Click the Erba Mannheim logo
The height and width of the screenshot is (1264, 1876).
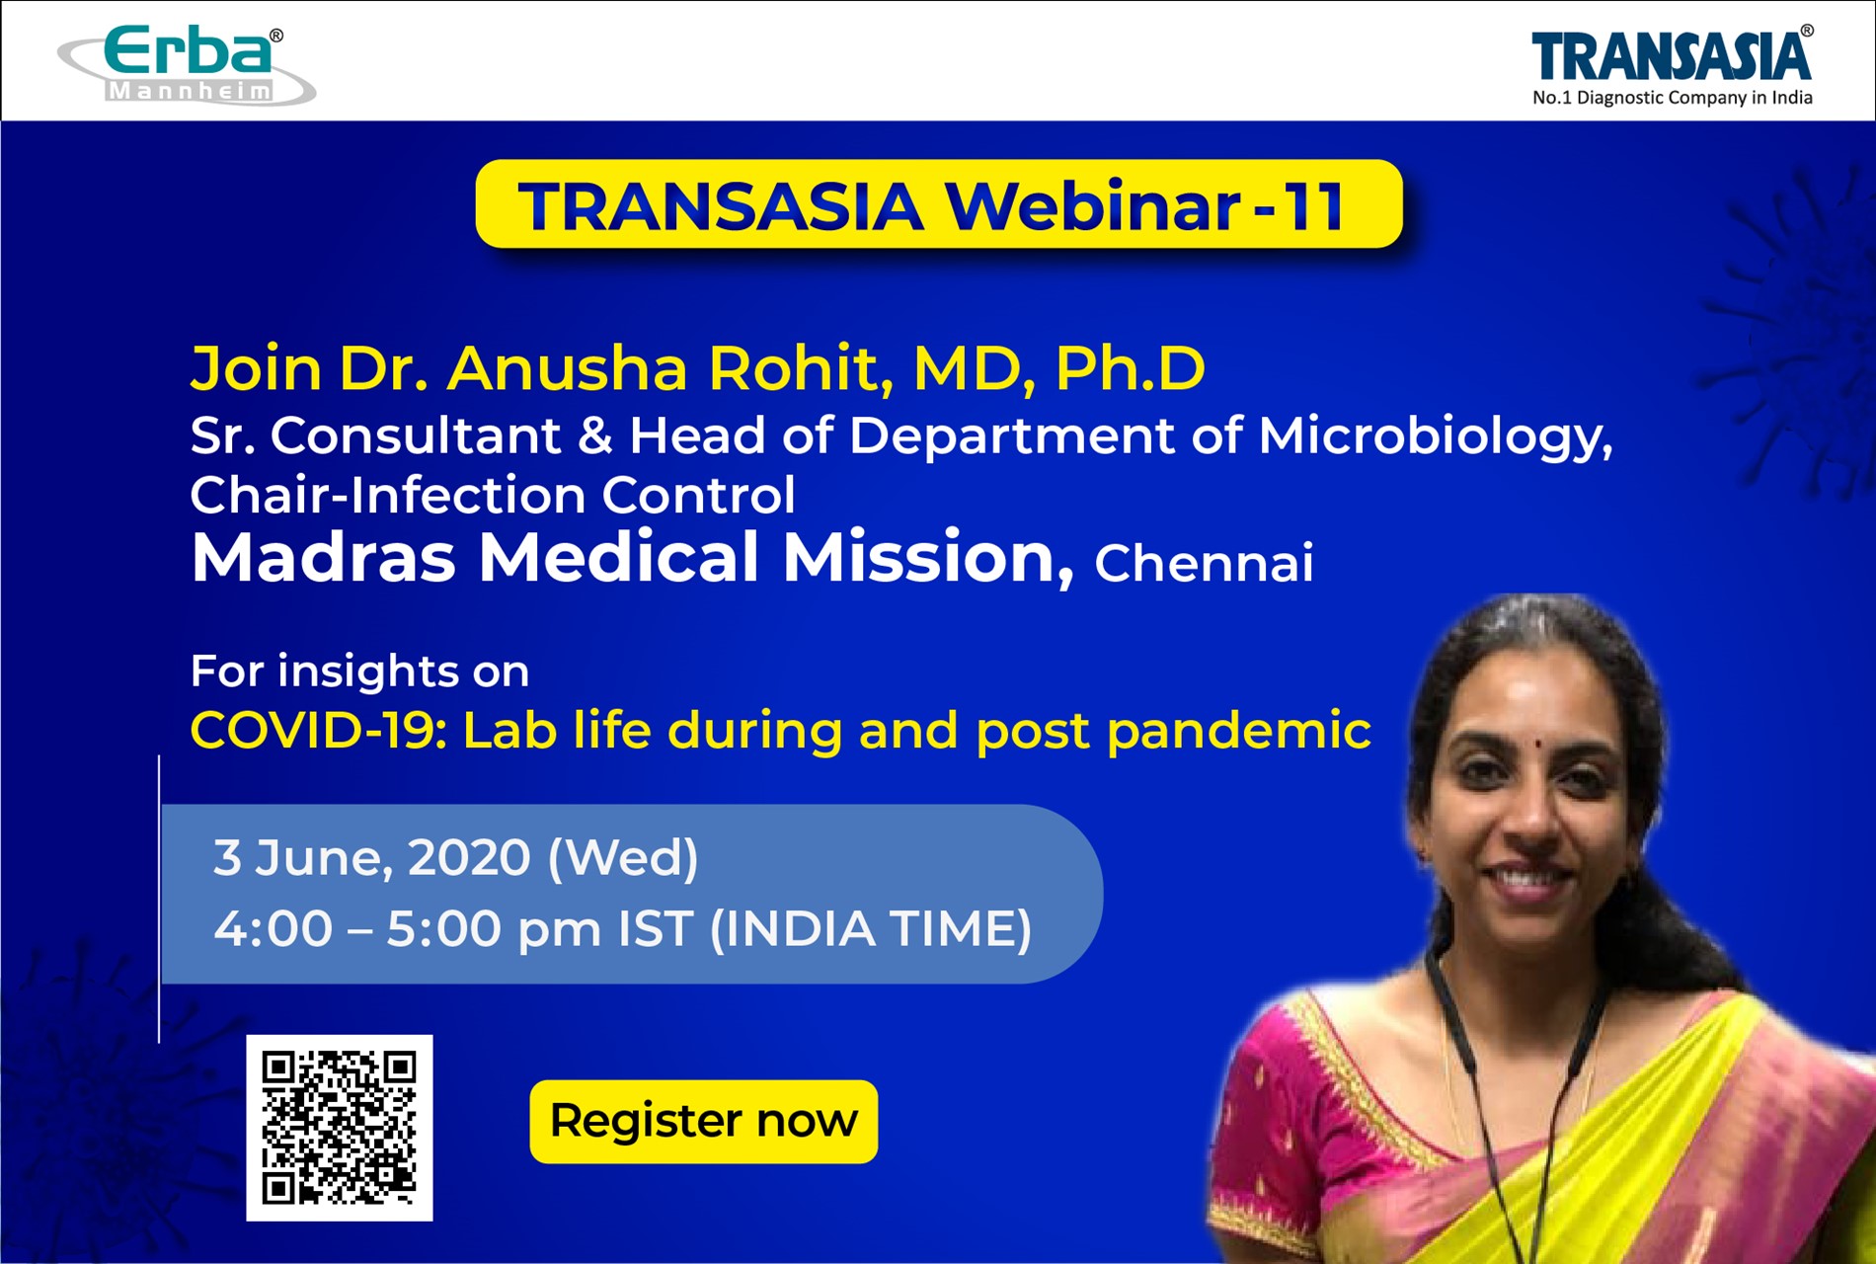[x=187, y=65]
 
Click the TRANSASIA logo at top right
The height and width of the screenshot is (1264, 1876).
[x=1673, y=55]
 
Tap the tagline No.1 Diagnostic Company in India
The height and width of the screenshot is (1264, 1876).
[x=1673, y=98]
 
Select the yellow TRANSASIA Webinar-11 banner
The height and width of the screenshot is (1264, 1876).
[x=938, y=204]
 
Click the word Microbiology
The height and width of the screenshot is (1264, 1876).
[x=1436, y=436]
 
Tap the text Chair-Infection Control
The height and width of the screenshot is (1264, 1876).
[x=493, y=495]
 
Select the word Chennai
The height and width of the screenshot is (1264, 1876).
[x=1204, y=564]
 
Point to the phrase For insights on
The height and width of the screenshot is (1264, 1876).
[x=359, y=671]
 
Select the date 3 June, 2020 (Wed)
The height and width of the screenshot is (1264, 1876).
[x=456, y=857]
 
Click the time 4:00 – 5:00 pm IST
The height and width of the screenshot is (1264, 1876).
[x=453, y=929]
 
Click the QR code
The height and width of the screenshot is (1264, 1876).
[x=339, y=1128]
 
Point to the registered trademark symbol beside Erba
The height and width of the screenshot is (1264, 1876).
[x=276, y=36]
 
